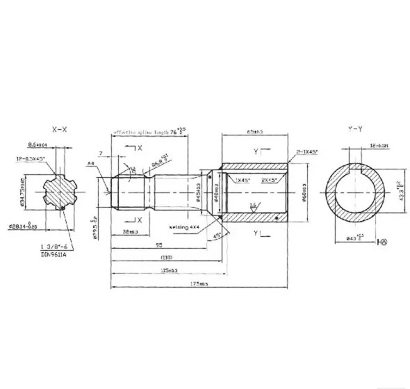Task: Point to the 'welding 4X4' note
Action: click(x=184, y=226)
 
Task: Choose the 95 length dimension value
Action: click(x=159, y=245)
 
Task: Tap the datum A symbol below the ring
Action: click(x=382, y=242)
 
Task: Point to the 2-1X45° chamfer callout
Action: click(x=305, y=149)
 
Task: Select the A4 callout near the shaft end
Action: click(x=90, y=164)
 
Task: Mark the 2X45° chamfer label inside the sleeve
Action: click(x=270, y=180)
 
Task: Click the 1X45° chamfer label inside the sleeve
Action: click(x=243, y=180)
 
